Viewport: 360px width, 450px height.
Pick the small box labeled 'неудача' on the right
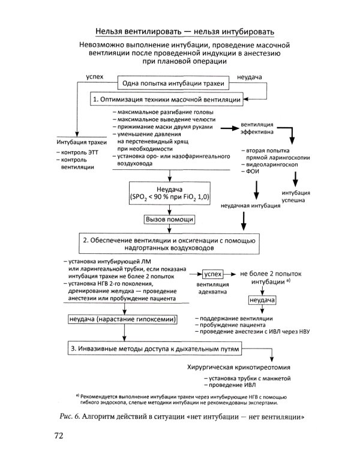pos(262,299)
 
